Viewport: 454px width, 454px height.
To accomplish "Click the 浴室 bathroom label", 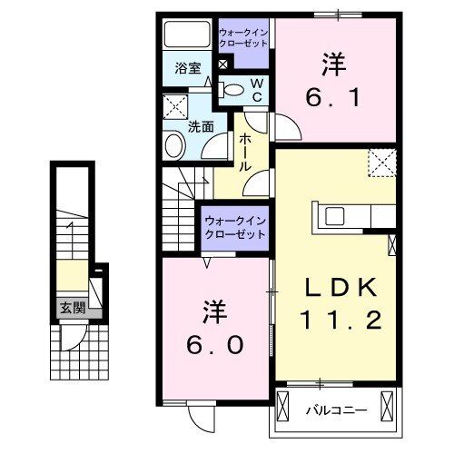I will (188, 68).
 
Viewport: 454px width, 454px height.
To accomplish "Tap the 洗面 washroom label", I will (200, 128).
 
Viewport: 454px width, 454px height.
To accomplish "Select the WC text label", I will (256, 90).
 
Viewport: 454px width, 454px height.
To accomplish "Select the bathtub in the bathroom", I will (187, 35).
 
